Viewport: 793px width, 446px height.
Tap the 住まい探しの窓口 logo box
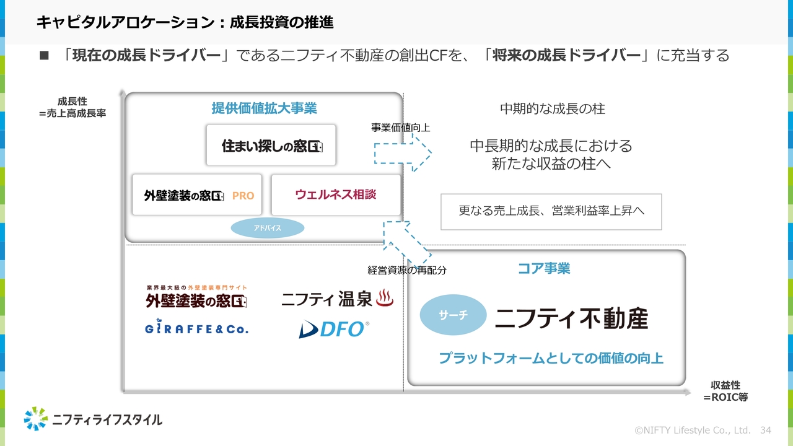[x=271, y=146]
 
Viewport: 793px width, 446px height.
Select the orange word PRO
[x=243, y=196]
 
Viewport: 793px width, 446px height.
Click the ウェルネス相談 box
[x=336, y=195]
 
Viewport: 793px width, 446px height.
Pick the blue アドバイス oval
[x=268, y=228]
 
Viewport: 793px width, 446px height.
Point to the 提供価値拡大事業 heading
[x=264, y=108]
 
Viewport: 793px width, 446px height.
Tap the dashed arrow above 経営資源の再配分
[x=406, y=242]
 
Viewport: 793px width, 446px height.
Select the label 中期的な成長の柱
[x=553, y=109]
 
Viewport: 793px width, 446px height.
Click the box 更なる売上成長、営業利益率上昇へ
[x=551, y=211]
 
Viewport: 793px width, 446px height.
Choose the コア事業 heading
[x=544, y=268]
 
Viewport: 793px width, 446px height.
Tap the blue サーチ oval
[x=453, y=315]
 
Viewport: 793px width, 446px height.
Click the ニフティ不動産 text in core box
[x=571, y=318]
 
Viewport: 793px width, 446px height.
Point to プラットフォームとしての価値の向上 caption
[x=551, y=358]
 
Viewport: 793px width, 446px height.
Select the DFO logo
[x=334, y=329]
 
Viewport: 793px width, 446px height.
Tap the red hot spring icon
[x=385, y=299]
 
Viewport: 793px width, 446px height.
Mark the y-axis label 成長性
[x=72, y=102]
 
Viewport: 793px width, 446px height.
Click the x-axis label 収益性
[x=725, y=385]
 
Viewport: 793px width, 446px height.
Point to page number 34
[x=765, y=430]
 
